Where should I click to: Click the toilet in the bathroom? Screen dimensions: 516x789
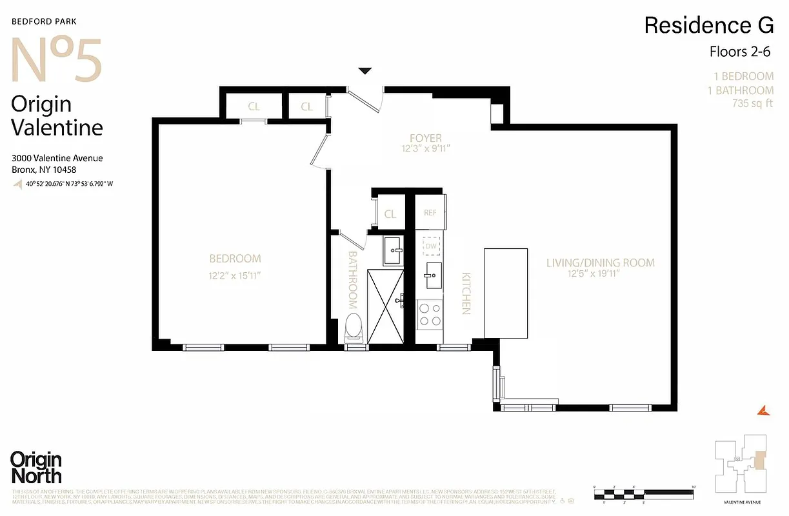353,327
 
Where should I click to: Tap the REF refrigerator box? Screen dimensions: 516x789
430,213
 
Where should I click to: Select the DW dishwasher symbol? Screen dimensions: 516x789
430,245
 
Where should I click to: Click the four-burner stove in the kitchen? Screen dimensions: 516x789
430,314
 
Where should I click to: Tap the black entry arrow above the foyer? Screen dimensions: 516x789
366,71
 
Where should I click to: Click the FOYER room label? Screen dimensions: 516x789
425,138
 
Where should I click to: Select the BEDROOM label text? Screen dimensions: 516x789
235,259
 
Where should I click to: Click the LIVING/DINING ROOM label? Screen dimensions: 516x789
601,263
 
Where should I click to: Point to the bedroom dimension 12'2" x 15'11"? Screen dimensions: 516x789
235,275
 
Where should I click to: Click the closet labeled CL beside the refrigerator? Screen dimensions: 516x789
390,214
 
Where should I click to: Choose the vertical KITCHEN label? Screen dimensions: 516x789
465,293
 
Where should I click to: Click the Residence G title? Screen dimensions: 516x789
708,25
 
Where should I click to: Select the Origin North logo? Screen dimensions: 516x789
36,468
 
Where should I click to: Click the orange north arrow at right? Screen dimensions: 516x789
762,410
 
